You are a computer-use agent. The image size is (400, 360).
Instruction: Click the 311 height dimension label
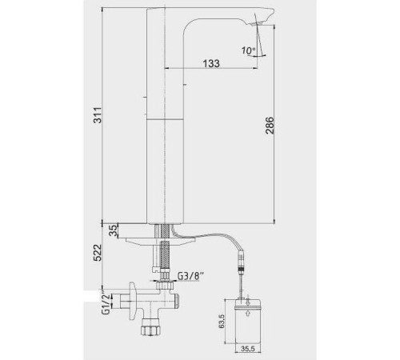[98, 115]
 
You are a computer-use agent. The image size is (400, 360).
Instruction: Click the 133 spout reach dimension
[211, 63]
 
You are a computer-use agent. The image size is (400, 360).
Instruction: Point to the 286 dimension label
[270, 126]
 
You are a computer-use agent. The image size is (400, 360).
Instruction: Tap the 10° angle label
[248, 50]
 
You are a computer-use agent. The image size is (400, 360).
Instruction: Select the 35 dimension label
[114, 230]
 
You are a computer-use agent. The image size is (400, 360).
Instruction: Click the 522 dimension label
[98, 253]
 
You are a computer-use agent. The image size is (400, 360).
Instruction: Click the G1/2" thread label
[106, 303]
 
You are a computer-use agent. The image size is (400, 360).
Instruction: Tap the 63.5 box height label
[222, 321]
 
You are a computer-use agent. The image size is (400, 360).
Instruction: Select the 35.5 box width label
[248, 349]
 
